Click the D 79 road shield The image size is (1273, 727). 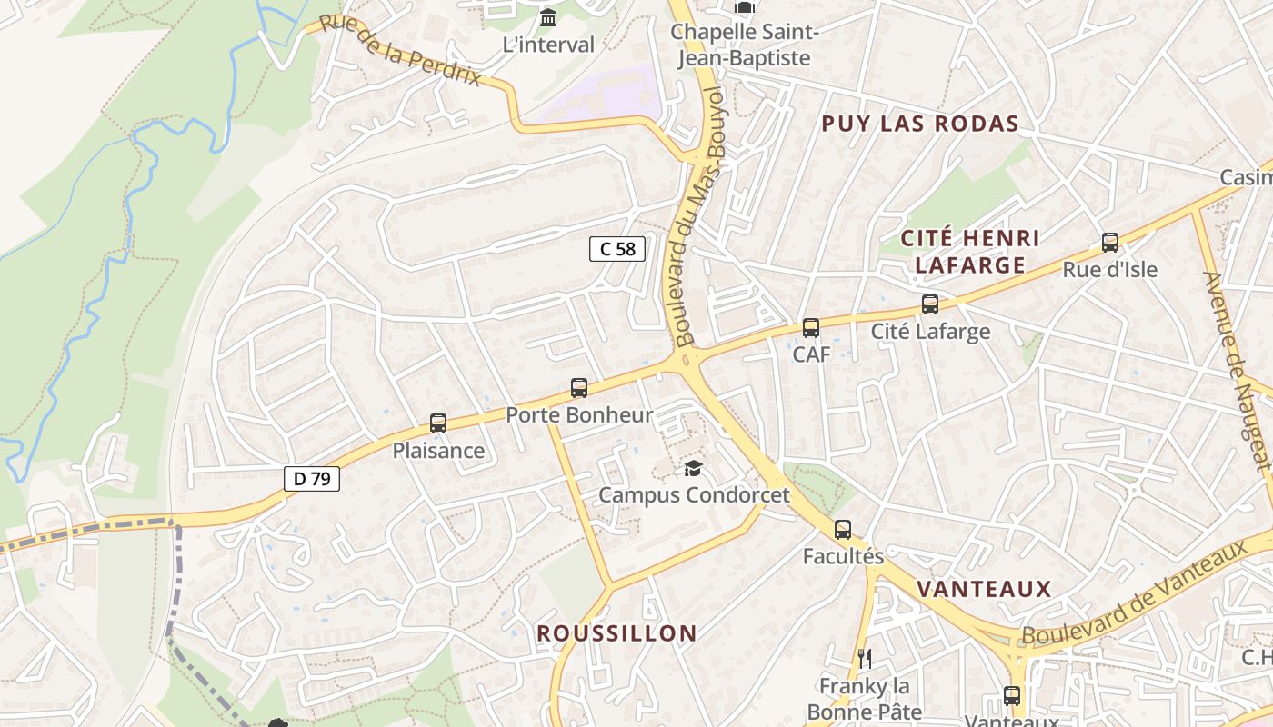312,479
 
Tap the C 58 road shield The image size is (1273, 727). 617,249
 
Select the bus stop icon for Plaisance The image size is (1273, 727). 438,423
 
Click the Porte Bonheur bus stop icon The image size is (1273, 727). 579,389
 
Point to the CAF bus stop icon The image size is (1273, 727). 811,328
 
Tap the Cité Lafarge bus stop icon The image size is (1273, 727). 929,304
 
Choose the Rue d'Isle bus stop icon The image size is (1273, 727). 1110,243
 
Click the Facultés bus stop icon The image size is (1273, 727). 843,530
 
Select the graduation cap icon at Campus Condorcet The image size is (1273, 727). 694,469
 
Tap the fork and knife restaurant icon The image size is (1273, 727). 865,659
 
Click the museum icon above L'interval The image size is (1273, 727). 548,18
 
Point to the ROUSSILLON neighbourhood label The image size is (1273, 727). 616,633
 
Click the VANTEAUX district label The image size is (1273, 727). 984,589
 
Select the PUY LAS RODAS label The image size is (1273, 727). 919,124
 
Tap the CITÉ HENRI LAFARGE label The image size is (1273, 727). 969,252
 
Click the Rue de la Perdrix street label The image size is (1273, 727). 400,51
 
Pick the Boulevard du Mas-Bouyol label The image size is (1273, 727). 699,218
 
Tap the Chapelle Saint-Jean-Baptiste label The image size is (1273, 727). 745,45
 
